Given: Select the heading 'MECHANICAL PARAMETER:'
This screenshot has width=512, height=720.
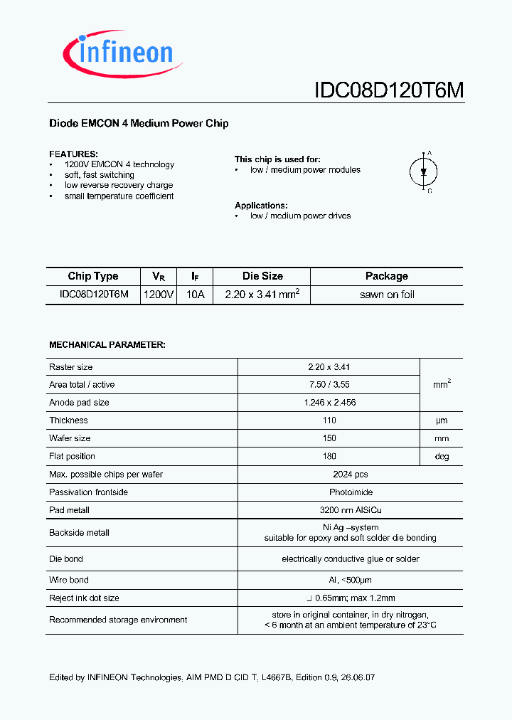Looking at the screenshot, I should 107,344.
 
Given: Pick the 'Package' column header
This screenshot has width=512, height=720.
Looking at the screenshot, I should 386,276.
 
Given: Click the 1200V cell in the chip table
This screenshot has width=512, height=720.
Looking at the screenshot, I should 159,295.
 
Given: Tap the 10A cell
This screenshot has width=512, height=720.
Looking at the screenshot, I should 195,295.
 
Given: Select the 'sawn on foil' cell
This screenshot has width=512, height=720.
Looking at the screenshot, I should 387,295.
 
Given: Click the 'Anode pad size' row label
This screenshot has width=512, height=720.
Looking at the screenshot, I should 79,403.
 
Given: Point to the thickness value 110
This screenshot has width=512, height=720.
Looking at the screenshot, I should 329,420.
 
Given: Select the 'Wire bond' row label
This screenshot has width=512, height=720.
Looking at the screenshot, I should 69,580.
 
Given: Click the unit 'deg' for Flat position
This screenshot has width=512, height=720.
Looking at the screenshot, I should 442,456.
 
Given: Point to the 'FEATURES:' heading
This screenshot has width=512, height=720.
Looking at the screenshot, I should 73,154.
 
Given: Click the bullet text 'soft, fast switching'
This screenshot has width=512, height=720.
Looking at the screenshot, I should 100,175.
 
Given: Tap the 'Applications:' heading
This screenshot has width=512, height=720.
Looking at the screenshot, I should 261,206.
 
